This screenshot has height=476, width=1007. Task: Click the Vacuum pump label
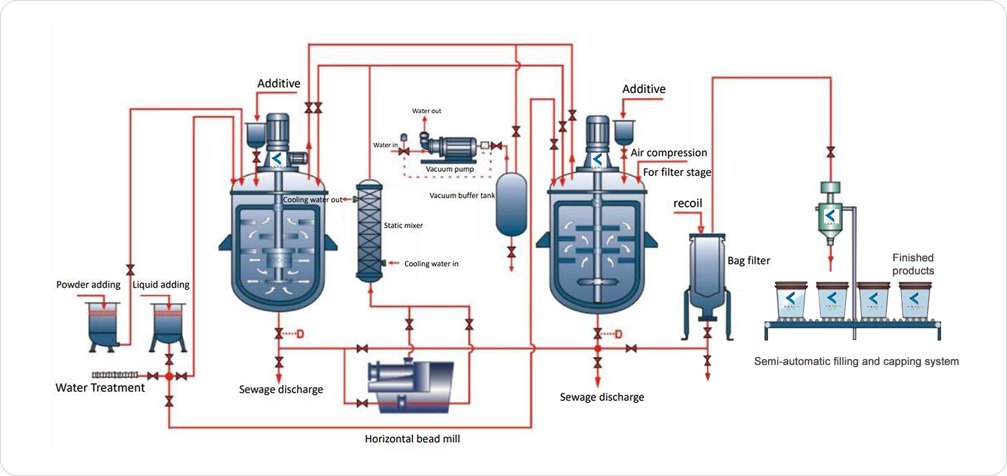coord(449,169)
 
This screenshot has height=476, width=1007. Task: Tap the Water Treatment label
coord(100,388)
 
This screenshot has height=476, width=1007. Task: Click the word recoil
coord(687,204)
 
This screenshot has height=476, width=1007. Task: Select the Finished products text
coord(913,264)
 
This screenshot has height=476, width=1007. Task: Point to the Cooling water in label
coord(431,264)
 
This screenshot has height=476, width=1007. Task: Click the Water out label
coord(426,111)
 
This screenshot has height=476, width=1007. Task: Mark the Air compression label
coord(669,153)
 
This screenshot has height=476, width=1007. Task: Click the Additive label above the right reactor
coord(644,89)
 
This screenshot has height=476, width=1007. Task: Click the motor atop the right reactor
coord(597,133)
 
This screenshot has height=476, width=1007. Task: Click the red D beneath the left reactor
coord(300,334)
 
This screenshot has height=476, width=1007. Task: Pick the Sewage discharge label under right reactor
coord(601,397)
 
